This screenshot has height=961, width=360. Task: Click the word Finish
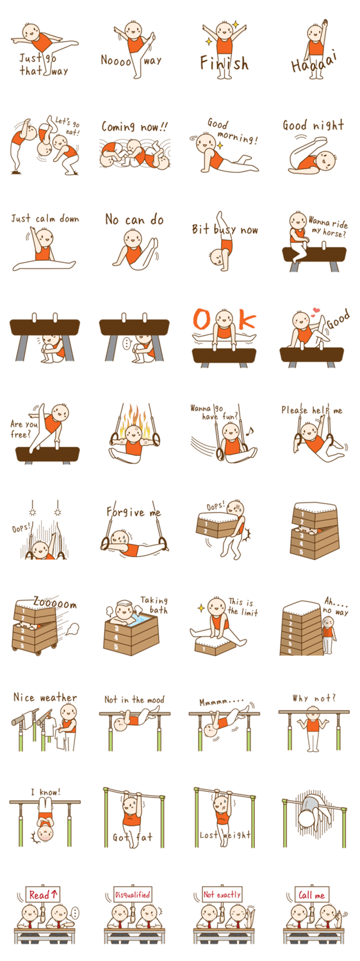point(224,63)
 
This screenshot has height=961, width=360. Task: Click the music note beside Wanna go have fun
point(250,431)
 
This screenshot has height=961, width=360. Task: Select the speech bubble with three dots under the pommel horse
point(126,343)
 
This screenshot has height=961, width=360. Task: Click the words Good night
point(313,126)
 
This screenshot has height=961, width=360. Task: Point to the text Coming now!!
point(135,127)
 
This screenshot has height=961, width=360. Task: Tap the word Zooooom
point(55,604)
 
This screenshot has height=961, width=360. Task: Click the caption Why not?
point(314,698)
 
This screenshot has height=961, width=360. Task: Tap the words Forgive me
point(134,512)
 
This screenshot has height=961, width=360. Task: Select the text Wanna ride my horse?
point(328,227)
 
